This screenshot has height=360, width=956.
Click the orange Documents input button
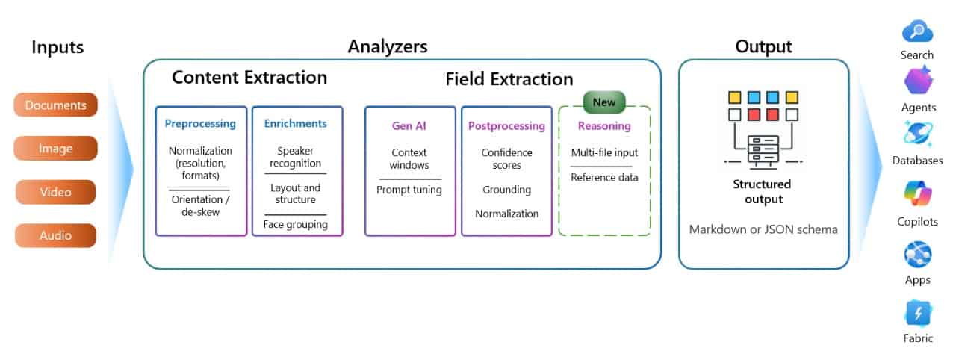(55, 105)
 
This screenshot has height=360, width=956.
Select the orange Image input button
(55, 149)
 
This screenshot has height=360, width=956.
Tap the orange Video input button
(55, 192)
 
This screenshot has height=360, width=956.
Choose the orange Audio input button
(55, 235)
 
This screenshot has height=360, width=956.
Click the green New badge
(603, 101)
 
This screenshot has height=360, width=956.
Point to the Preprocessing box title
(200, 124)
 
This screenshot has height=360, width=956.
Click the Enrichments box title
(295, 124)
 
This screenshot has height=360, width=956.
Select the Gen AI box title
(410, 126)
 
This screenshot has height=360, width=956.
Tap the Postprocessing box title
(506, 126)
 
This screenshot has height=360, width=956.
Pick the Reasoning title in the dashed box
(604, 126)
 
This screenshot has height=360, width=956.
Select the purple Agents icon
(918, 80)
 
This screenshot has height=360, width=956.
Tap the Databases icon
(917, 134)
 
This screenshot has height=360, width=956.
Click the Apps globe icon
(917, 255)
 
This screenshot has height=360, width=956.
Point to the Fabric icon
(917, 313)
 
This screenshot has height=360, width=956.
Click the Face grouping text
(295, 225)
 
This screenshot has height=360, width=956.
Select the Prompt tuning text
(409, 190)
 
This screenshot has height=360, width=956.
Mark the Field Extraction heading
(509, 79)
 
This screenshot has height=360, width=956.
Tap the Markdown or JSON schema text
(763, 229)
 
